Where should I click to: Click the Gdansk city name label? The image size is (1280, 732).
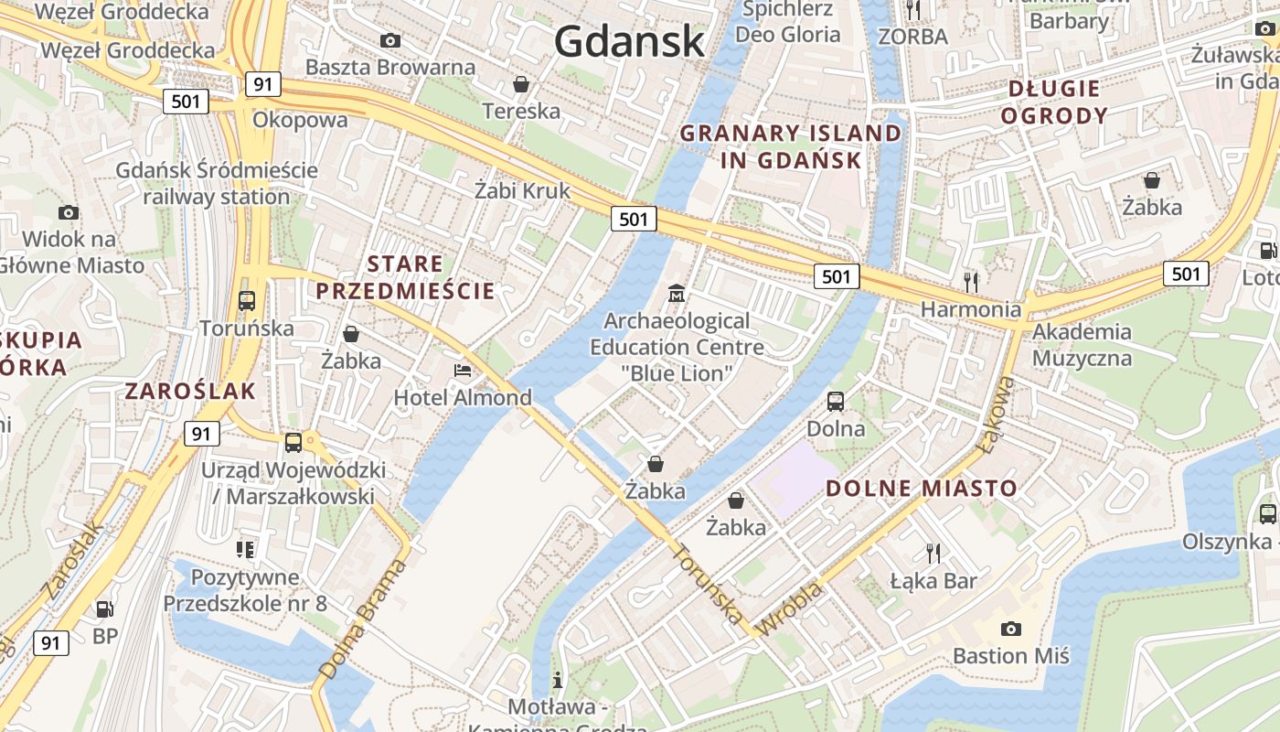[x=629, y=41]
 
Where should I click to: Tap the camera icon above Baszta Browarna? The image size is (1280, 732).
[x=390, y=40]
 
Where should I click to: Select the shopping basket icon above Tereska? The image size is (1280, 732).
[x=521, y=84]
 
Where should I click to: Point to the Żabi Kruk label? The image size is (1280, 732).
[x=522, y=190]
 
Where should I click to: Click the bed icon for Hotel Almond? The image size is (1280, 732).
[x=463, y=371]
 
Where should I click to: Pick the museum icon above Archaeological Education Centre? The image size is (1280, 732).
[x=677, y=294]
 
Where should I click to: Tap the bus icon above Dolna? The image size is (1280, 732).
[x=836, y=401]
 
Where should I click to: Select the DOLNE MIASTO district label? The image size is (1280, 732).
[x=922, y=488]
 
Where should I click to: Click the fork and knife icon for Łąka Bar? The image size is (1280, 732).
[x=933, y=553]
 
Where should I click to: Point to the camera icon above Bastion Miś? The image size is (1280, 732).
[x=1010, y=629]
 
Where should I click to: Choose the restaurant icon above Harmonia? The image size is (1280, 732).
[x=971, y=282]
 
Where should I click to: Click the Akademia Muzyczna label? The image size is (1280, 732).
[x=1082, y=344]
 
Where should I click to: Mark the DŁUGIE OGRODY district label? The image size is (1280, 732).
[x=1054, y=102]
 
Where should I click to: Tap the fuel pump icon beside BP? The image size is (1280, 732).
[x=105, y=608]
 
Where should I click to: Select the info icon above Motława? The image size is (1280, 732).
[x=558, y=681]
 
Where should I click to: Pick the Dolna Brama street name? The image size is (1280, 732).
[x=363, y=619]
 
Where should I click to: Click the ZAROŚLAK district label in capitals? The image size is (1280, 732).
[x=190, y=392]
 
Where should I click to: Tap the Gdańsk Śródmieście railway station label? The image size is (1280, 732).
[x=217, y=183]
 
